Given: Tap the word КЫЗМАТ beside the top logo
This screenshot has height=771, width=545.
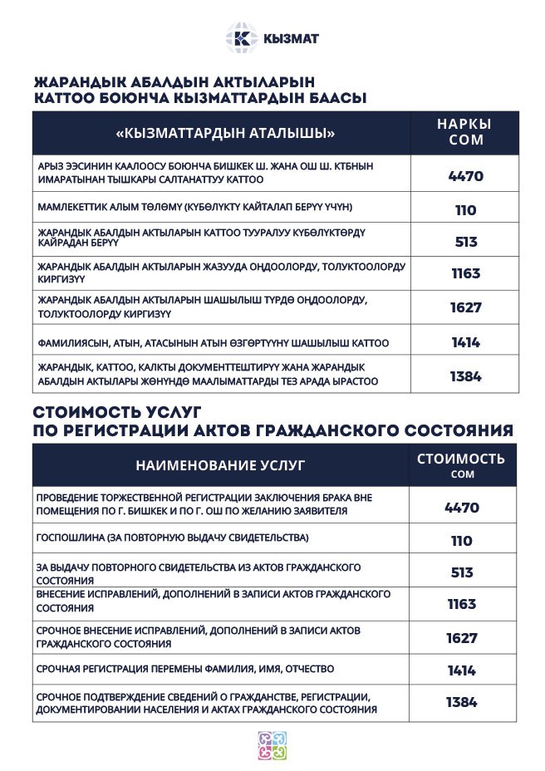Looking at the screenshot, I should (x=291, y=39).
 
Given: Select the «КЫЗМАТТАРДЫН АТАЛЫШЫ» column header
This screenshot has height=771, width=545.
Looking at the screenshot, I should (x=220, y=133).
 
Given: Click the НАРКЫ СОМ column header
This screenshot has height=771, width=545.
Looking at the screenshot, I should (x=465, y=132).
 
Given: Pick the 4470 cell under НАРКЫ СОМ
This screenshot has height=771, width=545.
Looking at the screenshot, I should (x=465, y=176).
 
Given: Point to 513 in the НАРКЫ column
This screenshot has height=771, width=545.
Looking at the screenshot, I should (x=465, y=242).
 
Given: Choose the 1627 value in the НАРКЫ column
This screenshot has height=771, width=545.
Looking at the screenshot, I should (x=465, y=307).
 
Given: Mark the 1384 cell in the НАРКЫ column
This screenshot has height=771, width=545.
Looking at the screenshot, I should (x=465, y=376).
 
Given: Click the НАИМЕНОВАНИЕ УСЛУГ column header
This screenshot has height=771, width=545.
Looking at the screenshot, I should (x=220, y=465).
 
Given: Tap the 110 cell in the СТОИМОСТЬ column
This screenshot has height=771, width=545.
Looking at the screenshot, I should (x=462, y=541).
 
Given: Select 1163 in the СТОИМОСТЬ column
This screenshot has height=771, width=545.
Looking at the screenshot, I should (x=462, y=604).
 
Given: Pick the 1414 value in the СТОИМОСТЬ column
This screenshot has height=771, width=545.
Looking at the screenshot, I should (x=462, y=670).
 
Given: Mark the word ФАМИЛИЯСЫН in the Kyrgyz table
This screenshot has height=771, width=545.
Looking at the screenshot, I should (x=70, y=342).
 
